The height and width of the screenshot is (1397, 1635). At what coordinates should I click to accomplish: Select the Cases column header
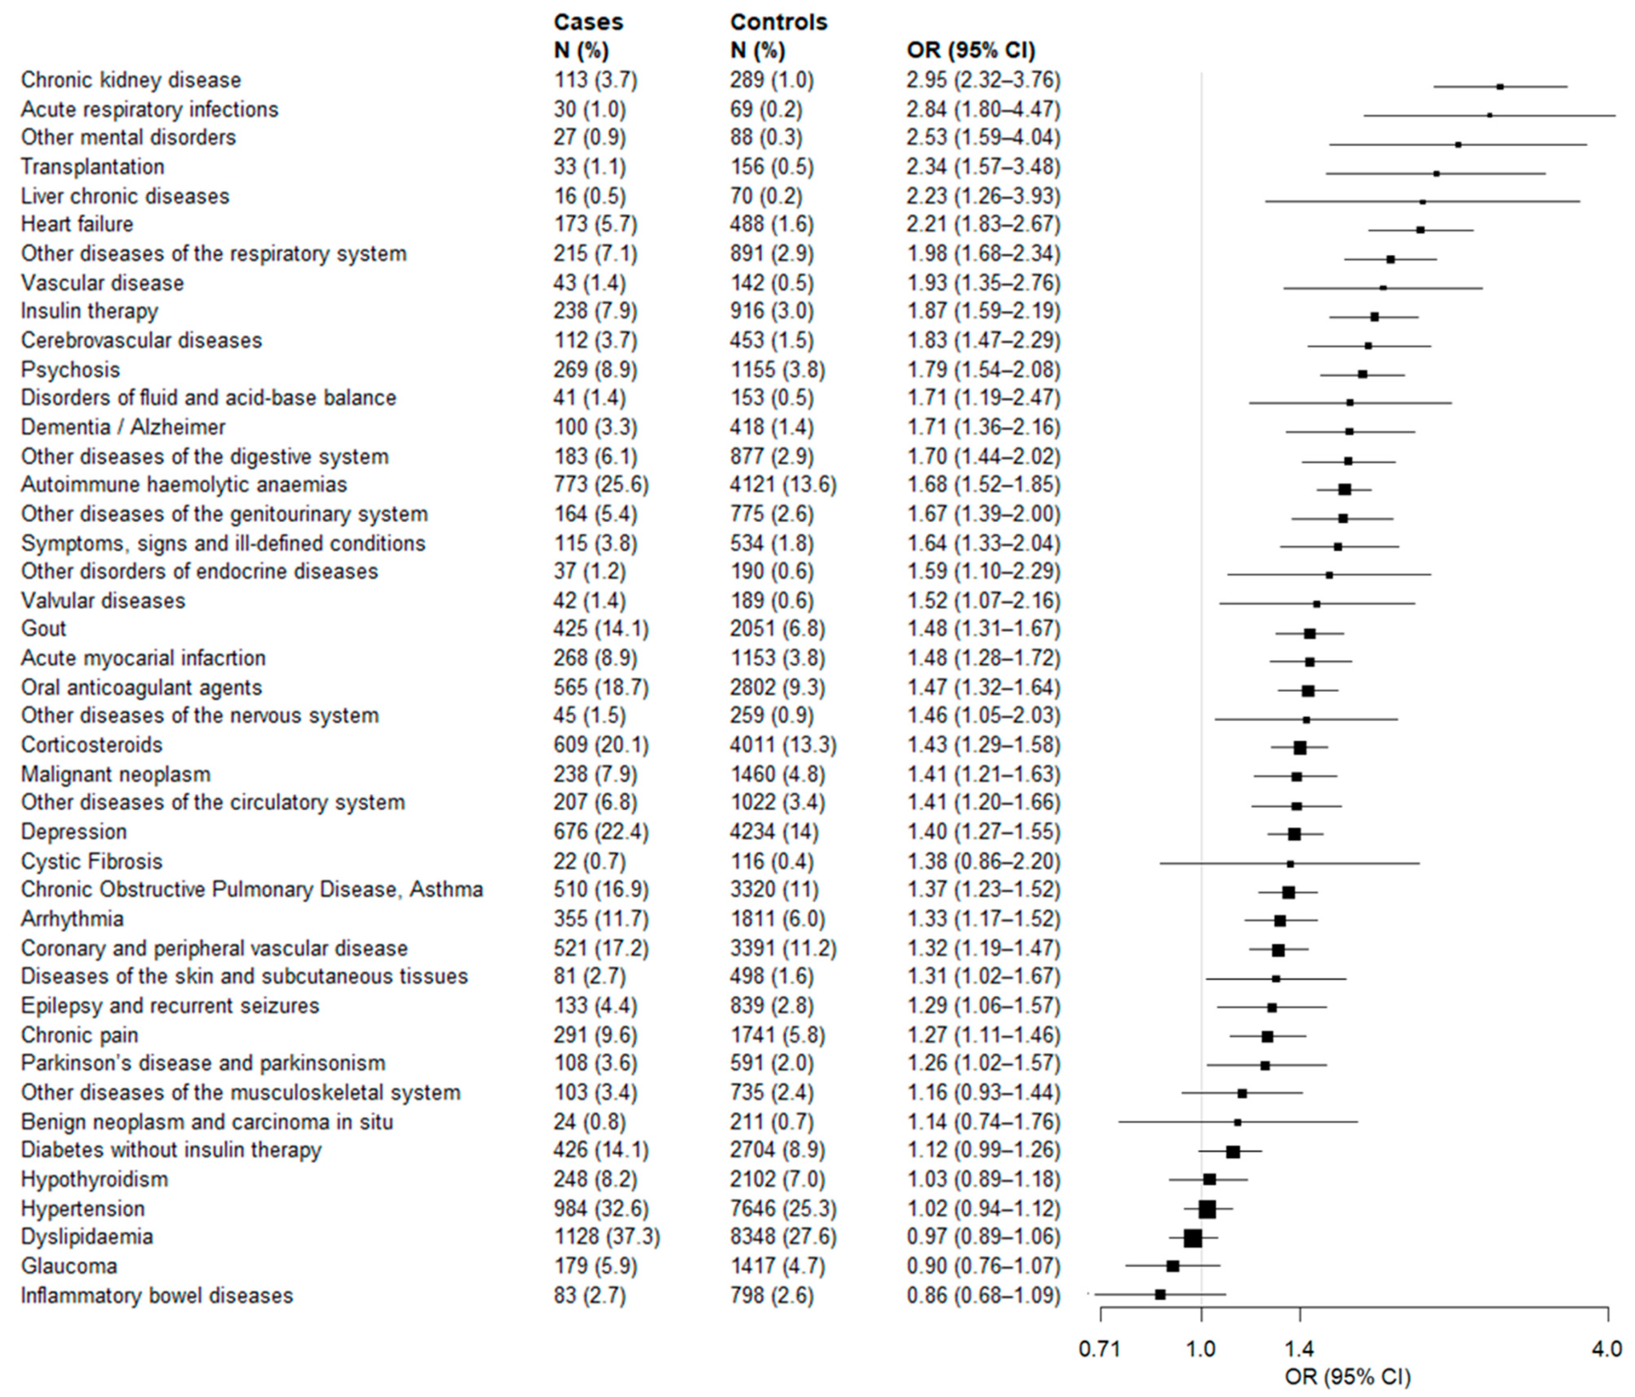point(588,22)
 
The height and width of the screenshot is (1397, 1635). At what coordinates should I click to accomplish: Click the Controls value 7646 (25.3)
point(783,1208)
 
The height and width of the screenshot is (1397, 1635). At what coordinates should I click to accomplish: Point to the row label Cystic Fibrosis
point(91,862)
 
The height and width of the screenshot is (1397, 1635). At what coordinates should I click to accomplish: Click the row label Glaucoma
point(69,1266)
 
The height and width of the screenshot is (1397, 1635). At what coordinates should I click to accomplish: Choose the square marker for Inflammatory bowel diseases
point(1160,1294)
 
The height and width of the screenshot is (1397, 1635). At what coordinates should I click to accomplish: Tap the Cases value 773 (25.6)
point(600,484)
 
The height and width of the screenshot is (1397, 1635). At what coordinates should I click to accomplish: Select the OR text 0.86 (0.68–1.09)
point(983,1295)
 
